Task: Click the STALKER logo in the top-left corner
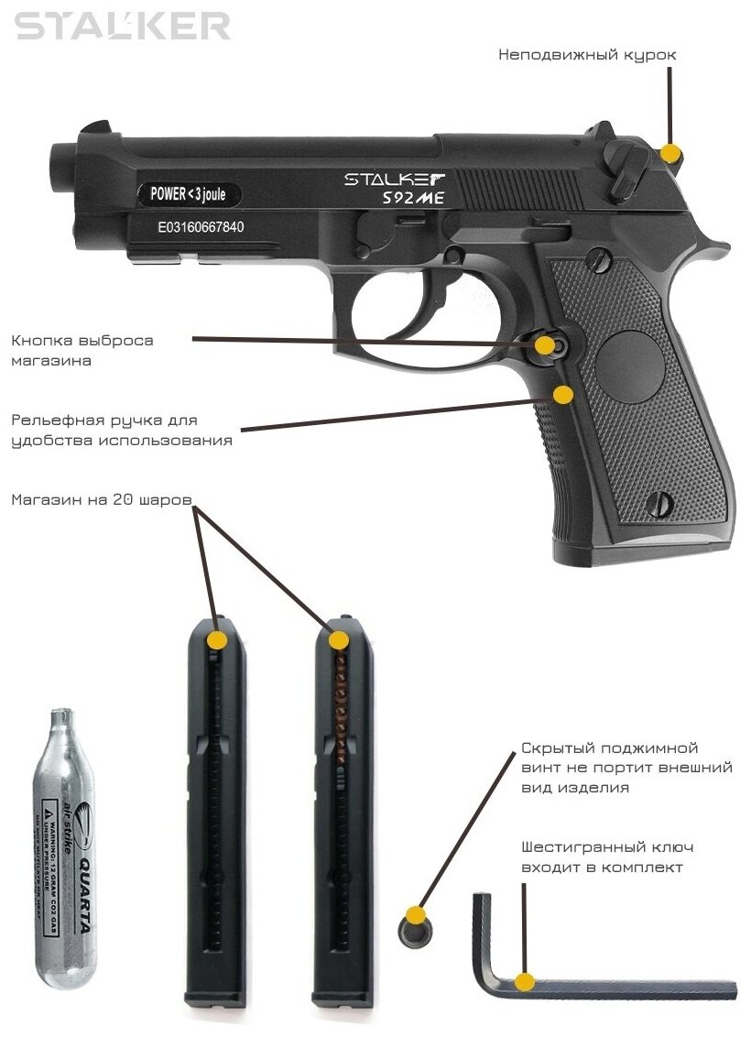click(x=123, y=25)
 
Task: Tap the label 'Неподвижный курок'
click(x=587, y=55)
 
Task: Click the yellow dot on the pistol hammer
click(x=671, y=153)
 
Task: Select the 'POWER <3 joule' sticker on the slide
click(x=189, y=193)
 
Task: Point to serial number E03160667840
click(x=201, y=226)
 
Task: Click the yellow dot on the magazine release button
click(x=546, y=345)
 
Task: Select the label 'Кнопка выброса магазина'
click(x=82, y=350)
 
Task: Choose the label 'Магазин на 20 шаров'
click(x=102, y=500)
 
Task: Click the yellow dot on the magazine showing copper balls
click(x=338, y=640)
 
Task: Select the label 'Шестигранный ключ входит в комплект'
click(x=601, y=857)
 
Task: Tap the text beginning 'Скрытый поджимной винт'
click(x=626, y=768)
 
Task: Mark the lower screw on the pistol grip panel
click(x=658, y=502)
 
